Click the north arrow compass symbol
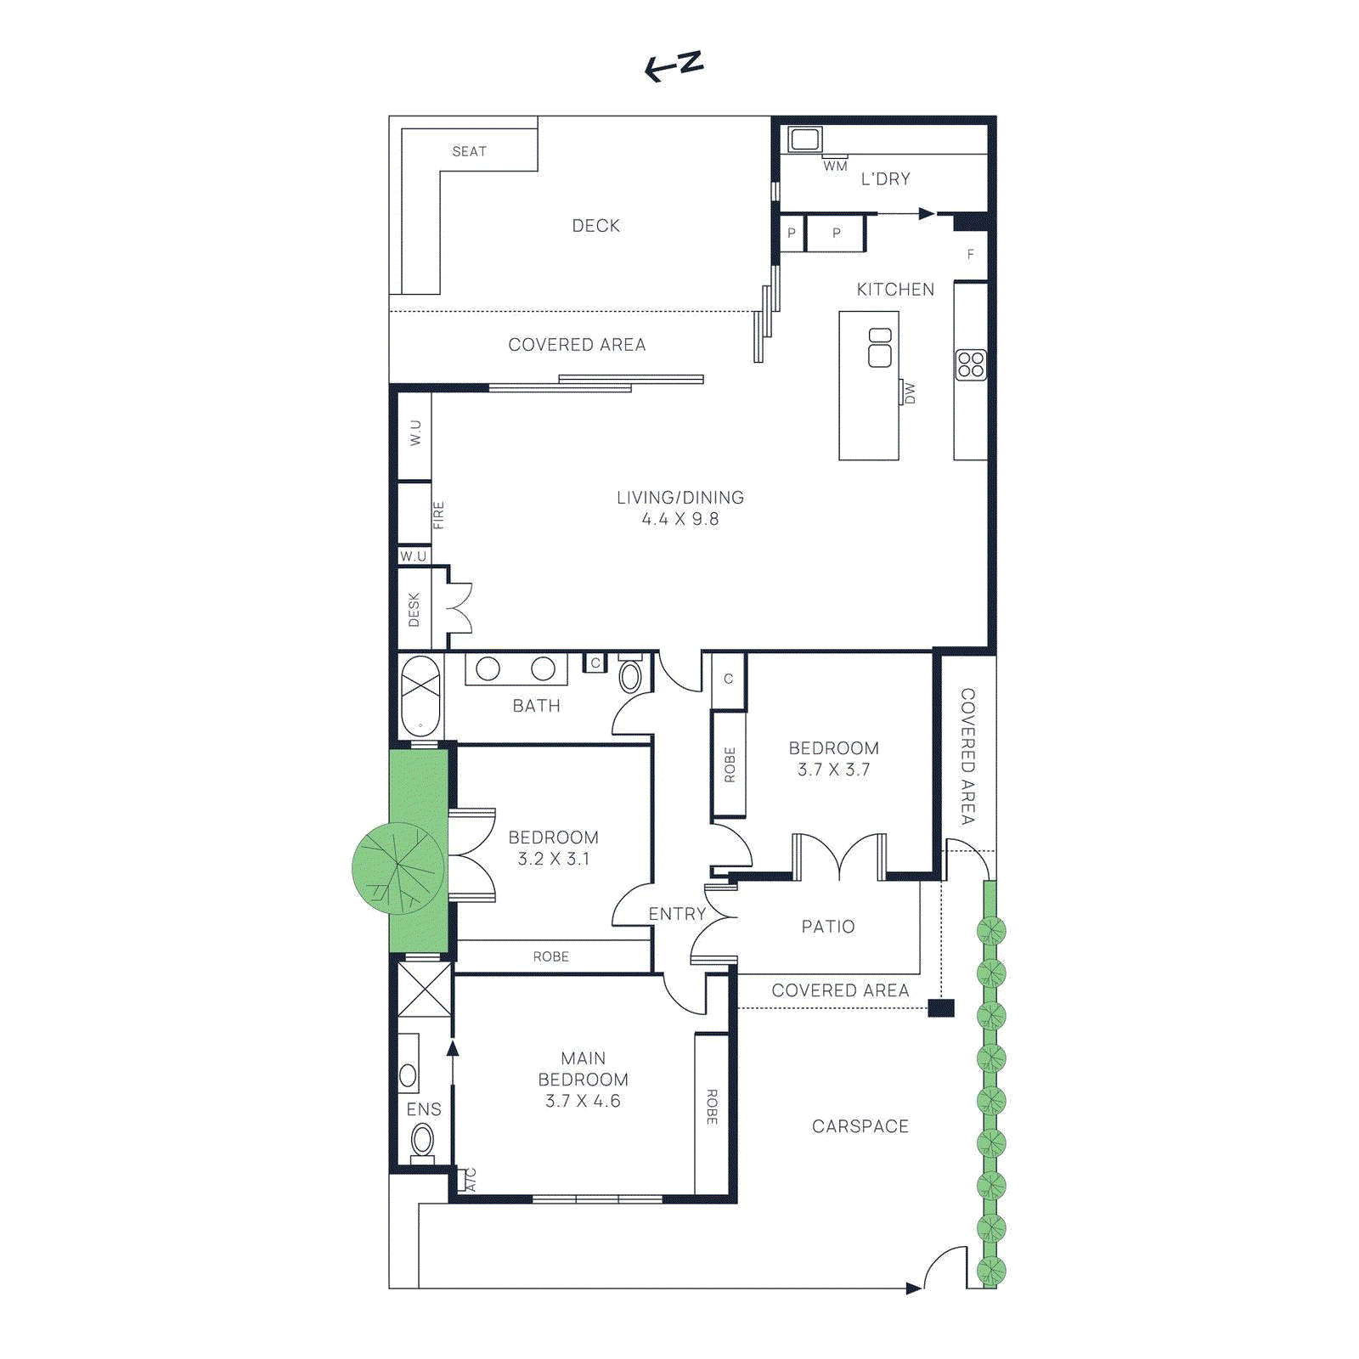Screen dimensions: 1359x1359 [674, 65]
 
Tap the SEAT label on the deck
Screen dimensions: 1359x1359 [469, 151]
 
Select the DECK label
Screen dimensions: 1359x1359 [595, 226]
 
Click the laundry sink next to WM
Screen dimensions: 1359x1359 [804, 138]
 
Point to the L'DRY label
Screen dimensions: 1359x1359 [885, 179]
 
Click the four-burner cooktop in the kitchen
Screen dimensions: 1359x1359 [970, 364]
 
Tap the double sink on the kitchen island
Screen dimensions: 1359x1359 [880, 347]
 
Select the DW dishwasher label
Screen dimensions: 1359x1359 [910, 392]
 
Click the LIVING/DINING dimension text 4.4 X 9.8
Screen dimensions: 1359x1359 [679, 519]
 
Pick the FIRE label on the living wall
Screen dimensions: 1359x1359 [438, 515]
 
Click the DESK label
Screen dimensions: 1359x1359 [414, 610]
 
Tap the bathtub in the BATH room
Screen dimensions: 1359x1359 [420, 696]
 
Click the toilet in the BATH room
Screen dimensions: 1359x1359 [630, 675]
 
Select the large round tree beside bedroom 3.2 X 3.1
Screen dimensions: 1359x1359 [398, 867]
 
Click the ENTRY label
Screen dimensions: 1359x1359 [677, 914]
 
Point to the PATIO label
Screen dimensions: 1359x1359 [828, 927]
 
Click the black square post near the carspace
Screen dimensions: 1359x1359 [940, 1008]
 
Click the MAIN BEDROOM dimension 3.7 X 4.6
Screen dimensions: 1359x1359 [583, 1102]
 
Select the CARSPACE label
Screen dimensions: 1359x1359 [860, 1126]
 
